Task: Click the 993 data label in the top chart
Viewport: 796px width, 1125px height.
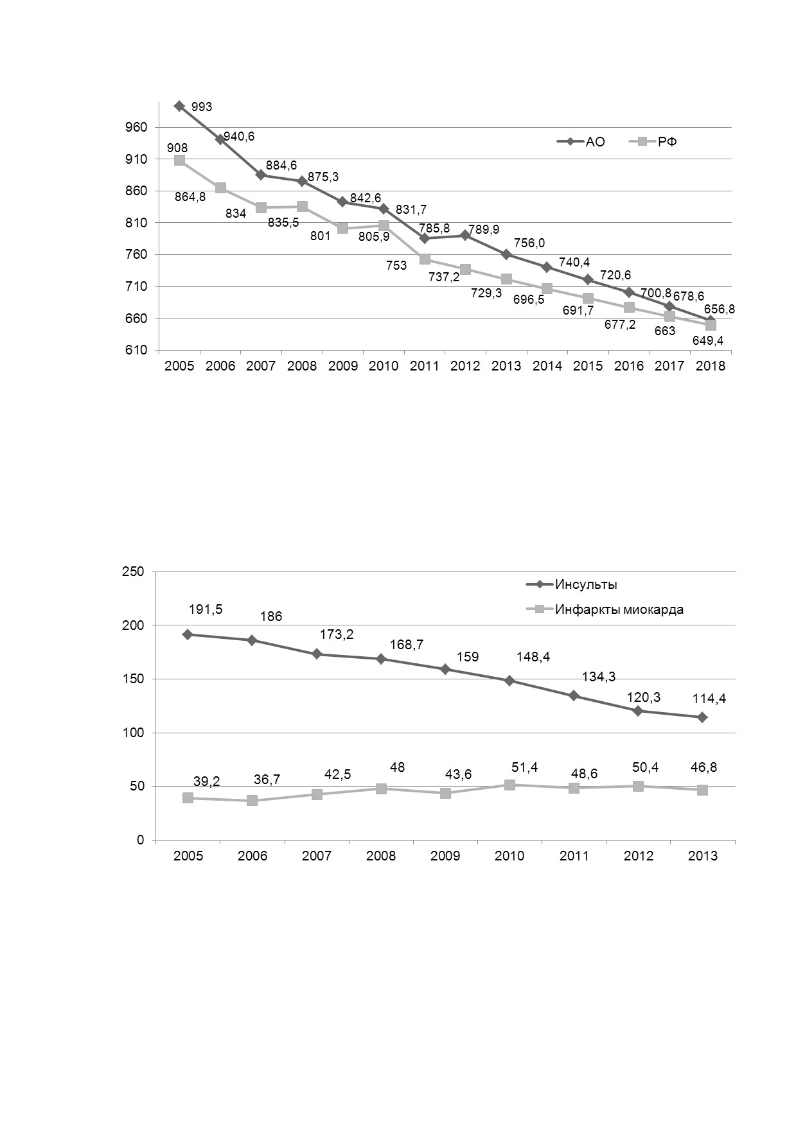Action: click(202, 107)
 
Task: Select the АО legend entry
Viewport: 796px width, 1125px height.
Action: click(581, 142)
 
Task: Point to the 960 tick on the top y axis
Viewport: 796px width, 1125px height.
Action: click(140, 128)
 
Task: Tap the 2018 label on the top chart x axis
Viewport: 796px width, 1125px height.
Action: click(711, 366)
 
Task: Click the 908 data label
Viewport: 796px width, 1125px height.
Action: click(177, 148)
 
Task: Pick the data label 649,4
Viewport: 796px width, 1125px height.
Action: click(707, 341)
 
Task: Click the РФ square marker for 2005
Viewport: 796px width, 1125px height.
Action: click(179, 160)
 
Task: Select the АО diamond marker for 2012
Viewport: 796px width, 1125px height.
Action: click(465, 236)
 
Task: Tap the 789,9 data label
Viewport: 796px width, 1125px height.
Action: click(484, 229)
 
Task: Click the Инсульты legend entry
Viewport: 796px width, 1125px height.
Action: click(572, 585)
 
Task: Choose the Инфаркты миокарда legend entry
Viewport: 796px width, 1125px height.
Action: click(605, 609)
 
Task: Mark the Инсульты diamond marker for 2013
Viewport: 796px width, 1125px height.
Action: click(702, 717)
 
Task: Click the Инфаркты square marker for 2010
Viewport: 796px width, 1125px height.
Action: click(509, 785)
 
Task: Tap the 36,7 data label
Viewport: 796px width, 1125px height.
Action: click(267, 780)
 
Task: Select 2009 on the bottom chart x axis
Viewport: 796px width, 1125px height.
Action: click(445, 856)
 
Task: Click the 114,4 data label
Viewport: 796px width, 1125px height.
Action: click(709, 699)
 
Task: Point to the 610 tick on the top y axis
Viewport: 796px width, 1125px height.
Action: click(140, 351)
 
